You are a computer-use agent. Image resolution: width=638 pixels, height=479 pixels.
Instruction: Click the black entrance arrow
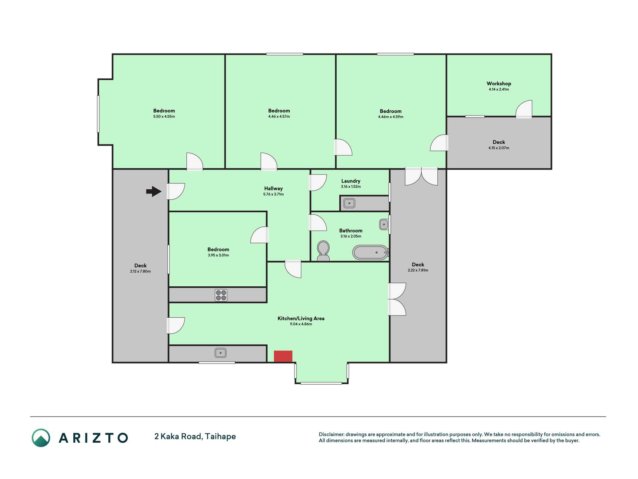pos(154,192)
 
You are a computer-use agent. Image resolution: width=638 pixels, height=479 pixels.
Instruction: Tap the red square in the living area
pos(283,356)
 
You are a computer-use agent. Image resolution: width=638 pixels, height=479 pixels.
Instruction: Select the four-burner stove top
pos(221,295)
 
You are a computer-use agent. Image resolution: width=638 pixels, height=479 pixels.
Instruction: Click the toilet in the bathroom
pos(323,251)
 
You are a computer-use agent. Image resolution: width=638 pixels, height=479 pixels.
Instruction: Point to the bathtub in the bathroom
pos(371,253)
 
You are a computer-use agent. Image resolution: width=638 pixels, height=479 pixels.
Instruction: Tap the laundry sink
pos(349,203)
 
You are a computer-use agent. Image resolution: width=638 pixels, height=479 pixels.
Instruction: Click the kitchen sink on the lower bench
pos(221,353)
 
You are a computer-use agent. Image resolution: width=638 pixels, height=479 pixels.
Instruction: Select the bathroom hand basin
pos(384,225)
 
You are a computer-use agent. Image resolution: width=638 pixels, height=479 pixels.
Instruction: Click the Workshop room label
pos(499,83)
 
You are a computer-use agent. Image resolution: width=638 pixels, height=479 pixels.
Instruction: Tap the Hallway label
pos(273,189)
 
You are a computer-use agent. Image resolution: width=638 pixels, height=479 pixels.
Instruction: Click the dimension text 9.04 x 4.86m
pos(301,324)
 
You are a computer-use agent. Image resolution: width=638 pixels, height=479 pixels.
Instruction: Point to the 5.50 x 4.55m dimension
pos(164,116)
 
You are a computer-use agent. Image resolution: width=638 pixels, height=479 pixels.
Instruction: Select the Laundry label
pos(351,181)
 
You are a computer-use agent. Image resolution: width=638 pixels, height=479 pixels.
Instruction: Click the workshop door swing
pos(524,109)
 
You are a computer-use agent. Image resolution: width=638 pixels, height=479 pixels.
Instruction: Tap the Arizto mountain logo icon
pos(41,438)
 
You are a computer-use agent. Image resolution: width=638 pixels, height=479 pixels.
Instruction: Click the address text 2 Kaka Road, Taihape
pos(195,436)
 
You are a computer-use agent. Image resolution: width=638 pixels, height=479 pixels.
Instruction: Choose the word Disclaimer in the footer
pos(332,434)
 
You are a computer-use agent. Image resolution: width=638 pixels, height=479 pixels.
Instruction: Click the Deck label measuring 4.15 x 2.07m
pos(499,142)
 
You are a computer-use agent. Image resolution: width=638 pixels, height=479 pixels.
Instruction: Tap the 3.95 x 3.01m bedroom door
pos(259,235)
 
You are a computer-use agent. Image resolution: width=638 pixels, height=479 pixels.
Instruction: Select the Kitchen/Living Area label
pos(301,318)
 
